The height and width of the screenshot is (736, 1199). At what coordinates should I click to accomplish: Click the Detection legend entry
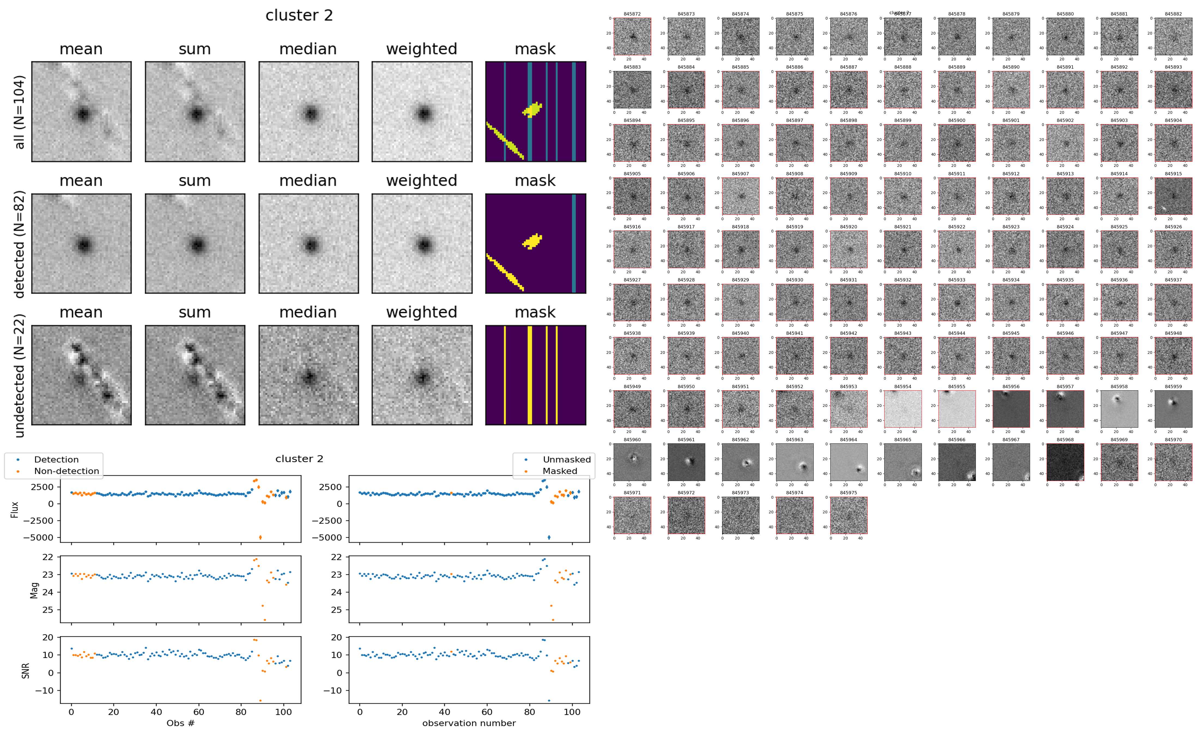click(x=56, y=459)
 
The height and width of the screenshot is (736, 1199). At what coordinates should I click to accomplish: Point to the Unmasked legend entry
click(x=566, y=459)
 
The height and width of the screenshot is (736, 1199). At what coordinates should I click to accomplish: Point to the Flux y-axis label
click(x=15, y=509)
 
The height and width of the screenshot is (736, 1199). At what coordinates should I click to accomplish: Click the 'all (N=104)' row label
click(x=20, y=112)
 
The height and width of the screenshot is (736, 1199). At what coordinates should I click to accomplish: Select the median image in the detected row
click(x=308, y=243)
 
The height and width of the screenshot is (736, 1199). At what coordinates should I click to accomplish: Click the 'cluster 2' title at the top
click(x=299, y=16)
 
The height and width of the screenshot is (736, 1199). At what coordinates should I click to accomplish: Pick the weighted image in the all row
click(x=422, y=112)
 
